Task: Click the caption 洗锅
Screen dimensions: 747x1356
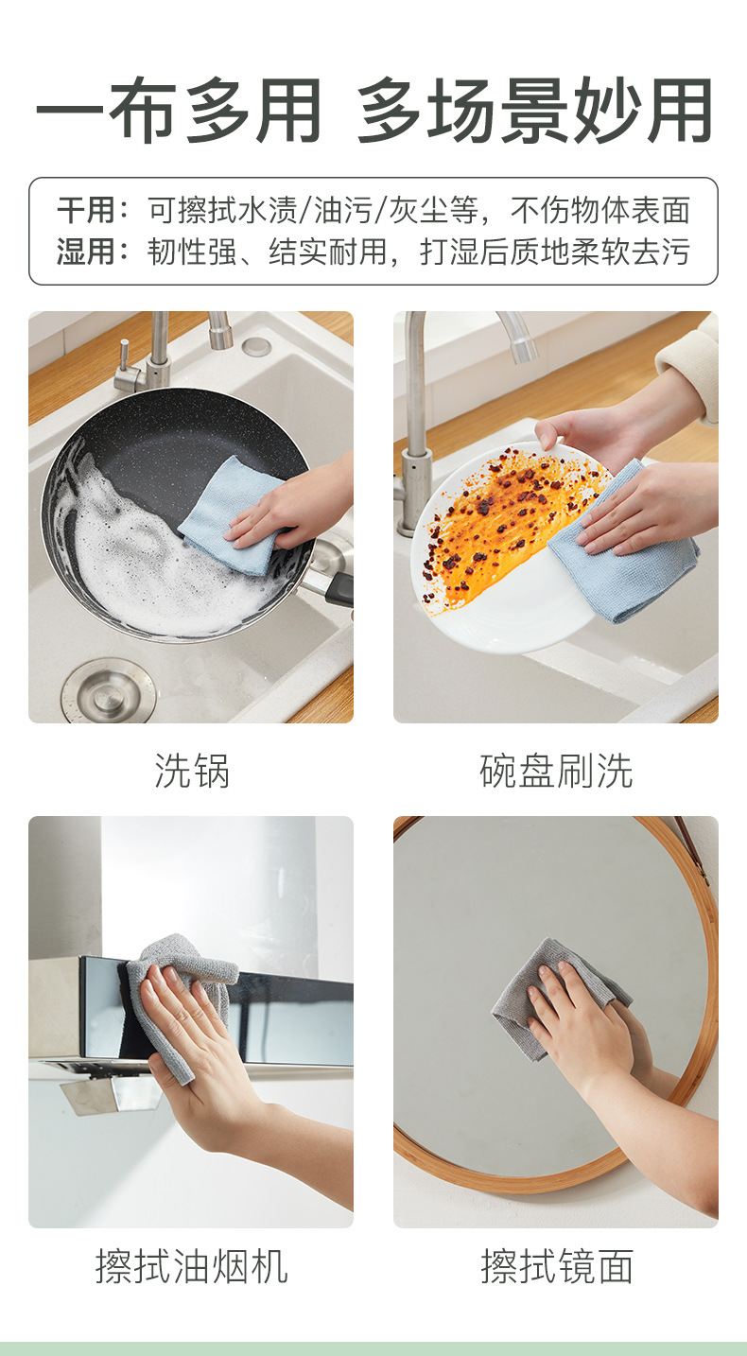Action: coord(192,771)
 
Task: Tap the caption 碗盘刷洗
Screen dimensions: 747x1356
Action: coord(556,771)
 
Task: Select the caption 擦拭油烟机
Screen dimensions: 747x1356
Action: coord(191,1266)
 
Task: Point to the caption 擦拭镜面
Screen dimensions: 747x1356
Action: coord(556,1266)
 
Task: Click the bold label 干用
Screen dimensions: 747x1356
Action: coord(86,210)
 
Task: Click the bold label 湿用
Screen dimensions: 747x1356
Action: coord(86,252)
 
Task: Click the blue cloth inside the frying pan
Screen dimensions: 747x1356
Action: coord(236,514)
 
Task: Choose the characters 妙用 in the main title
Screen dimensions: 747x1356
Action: coord(642,111)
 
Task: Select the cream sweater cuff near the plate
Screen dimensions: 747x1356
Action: coord(690,370)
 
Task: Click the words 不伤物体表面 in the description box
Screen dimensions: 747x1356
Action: coord(600,210)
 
